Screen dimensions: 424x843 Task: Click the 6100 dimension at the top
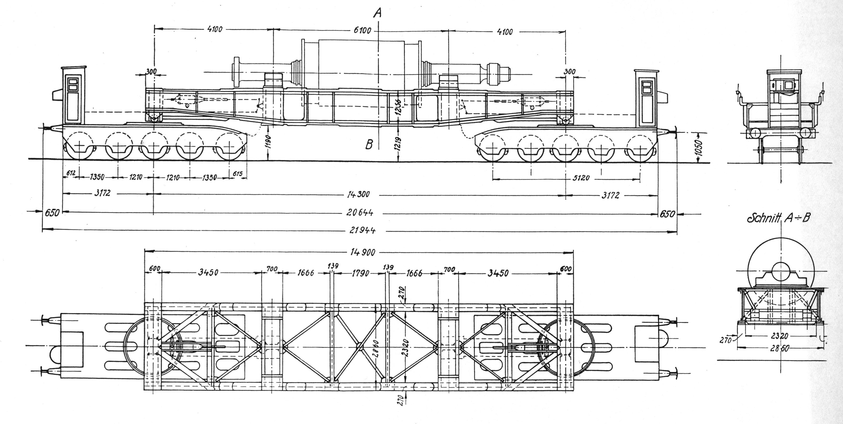coord(362,30)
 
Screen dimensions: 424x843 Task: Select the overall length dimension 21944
coord(362,230)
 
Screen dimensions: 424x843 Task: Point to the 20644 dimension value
coord(360,213)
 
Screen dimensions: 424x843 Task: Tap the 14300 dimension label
coord(358,194)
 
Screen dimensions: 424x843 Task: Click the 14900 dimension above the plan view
coord(362,252)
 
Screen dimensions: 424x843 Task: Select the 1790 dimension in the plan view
coord(360,273)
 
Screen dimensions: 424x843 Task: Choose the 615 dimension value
coord(238,173)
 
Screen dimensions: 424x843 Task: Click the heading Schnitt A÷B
coord(778,218)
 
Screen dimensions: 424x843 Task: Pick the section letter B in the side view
coord(369,145)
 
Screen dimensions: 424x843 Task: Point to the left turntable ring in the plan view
coord(151,346)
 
